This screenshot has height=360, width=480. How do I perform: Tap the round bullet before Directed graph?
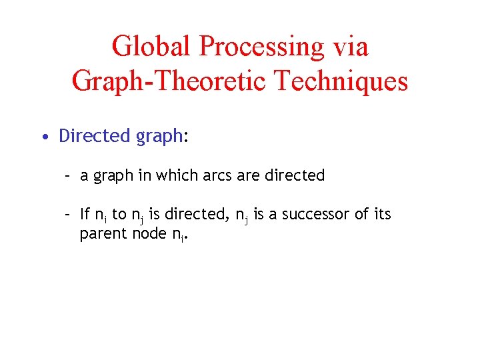pyautogui.click(x=43, y=137)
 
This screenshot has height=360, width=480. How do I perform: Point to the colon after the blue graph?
pyautogui.click(x=187, y=138)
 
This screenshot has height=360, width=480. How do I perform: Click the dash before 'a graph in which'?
pyautogui.click(x=67, y=176)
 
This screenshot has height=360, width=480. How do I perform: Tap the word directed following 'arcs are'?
pyautogui.click(x=295, y=175)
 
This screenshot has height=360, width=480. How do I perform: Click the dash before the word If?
pyautogui.click(x=67, y=215)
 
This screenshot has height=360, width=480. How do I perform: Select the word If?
pyautogui.click(x=85, y=214)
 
